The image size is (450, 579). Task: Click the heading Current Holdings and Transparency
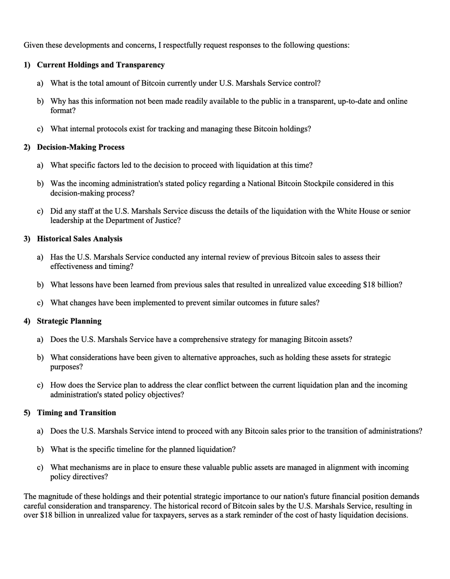tap(100, 65)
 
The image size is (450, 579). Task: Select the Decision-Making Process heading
tap(81, 147)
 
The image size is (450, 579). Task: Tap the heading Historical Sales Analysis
tap(80, 239)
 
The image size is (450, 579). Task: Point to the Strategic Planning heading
tap(69, 321)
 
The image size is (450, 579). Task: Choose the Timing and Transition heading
tap(76, 413)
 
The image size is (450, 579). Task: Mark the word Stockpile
tap(339, 184)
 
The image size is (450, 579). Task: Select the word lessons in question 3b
tap(82, 285)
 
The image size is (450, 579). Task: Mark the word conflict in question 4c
tap(232, 385)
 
